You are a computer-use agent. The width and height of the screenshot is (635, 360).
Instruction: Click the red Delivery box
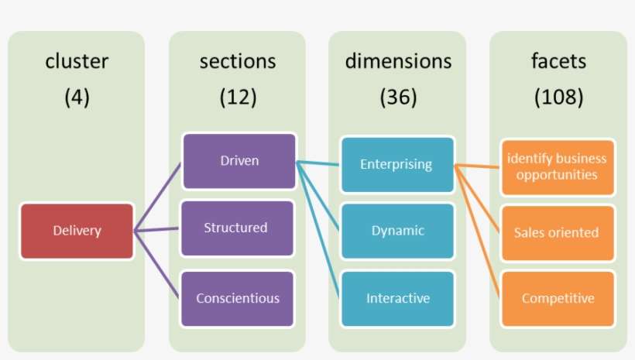77,230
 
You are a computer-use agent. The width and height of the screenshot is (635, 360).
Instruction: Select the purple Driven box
239,161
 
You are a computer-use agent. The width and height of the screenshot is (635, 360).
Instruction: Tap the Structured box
236,228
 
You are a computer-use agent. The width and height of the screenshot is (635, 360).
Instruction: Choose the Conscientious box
238,298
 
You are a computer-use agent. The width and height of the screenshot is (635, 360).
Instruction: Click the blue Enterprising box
397,164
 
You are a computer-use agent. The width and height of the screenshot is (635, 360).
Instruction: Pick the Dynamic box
397,231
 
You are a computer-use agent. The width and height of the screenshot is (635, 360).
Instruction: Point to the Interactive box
397,298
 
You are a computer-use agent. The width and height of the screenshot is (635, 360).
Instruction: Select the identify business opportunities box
558,166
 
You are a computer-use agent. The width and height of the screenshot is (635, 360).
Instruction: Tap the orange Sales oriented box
557,232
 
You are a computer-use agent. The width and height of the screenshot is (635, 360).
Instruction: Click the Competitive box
558,298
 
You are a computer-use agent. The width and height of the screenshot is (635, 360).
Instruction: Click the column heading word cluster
77,61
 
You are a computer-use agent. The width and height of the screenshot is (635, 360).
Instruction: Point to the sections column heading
237,61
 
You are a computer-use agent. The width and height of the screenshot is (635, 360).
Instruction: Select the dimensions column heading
397,61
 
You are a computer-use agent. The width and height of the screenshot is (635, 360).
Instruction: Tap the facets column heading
558,61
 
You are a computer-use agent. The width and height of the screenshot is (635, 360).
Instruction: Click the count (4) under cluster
77,98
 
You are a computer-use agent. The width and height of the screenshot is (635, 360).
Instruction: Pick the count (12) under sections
237,98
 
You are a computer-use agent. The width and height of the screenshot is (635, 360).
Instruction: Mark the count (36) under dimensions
397,98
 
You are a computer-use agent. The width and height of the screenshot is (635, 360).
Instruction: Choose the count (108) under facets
558,98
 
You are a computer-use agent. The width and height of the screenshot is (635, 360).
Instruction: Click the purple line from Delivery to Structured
158,229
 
